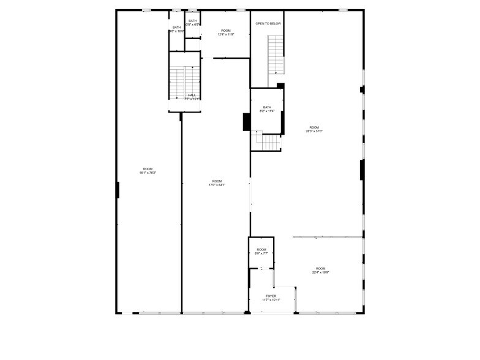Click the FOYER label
coord(271,296)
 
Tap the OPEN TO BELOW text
coord(268,23)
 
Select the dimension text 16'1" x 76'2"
coord(148,173)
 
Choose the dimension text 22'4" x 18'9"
coord(320,272)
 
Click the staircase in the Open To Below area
coord(276,55)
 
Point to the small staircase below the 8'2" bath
coord(268,142)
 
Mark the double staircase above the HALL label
coord(184,78)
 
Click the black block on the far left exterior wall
coord(118,190)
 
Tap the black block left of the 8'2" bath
coord(246,122)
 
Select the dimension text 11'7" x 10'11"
coord(271,300)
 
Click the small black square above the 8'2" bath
coord(280,86)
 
